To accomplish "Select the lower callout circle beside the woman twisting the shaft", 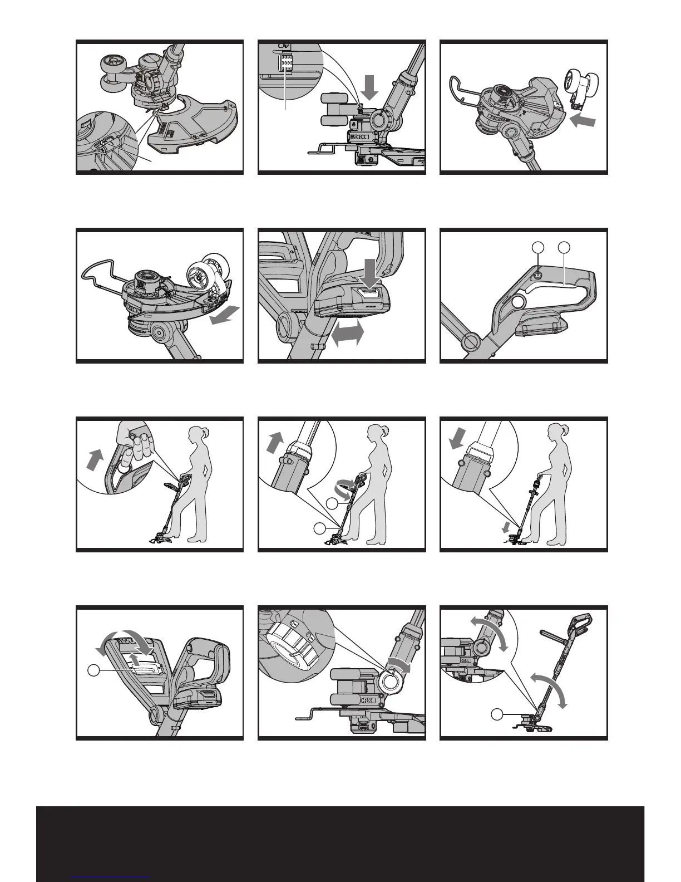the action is (x=320, y=528).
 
